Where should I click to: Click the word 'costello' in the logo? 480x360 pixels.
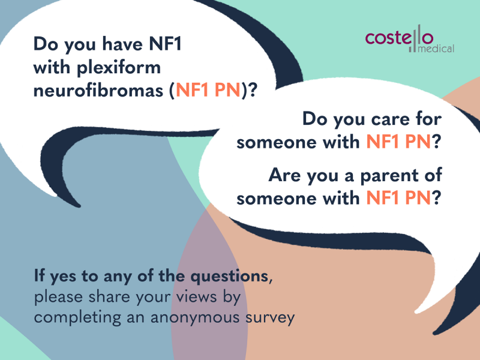[399, 37]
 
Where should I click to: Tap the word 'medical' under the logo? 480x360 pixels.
[436, 49]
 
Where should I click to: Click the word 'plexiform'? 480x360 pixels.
[118, 68]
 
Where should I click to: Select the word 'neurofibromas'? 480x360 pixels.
[98, 91]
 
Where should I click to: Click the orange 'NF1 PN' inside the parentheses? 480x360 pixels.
[208, 91]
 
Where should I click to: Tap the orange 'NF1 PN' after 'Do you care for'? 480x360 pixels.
[398, 142]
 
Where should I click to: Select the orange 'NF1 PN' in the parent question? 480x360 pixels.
[398, 198]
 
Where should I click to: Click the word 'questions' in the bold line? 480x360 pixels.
[230, 277]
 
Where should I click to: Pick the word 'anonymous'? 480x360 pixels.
[194, 318]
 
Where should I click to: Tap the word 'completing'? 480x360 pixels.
[77, 318]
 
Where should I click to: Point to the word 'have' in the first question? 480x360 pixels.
[122, 44]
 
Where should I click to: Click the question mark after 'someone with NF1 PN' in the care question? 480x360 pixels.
[437, 142]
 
